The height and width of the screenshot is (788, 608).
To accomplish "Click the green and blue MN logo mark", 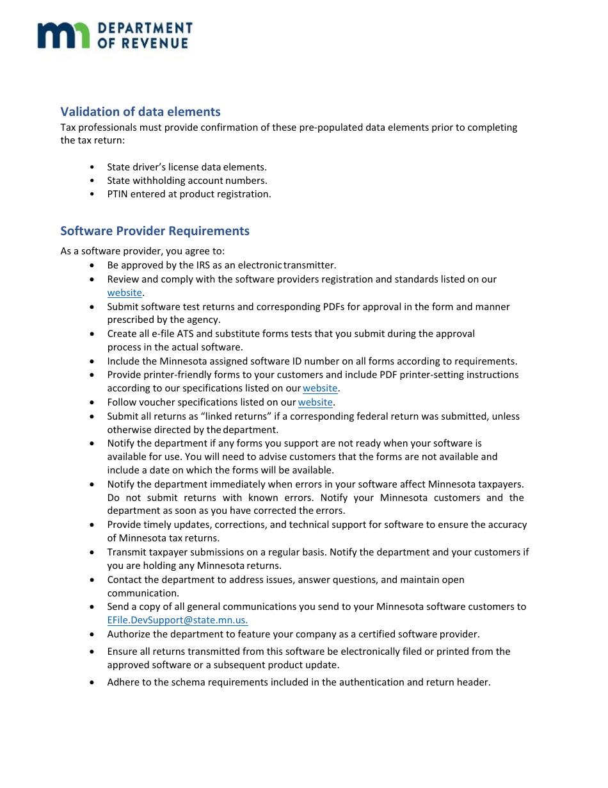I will [63, 35].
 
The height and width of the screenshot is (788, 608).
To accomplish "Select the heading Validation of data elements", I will [140, 111].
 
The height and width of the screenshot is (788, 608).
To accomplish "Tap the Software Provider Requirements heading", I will [155, 231].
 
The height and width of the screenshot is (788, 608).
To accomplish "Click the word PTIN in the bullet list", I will [118, 194].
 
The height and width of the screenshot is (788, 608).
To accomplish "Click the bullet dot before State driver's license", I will [93, 167].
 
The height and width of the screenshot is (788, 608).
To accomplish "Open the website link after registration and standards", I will [124, 293].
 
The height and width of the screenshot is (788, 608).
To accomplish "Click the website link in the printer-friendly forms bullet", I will [320, 388].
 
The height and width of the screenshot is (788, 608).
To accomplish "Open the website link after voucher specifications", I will [315, 402].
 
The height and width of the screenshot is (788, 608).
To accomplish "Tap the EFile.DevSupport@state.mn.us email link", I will [177, 620].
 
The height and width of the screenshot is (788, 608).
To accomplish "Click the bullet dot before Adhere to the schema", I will [93, 682].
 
